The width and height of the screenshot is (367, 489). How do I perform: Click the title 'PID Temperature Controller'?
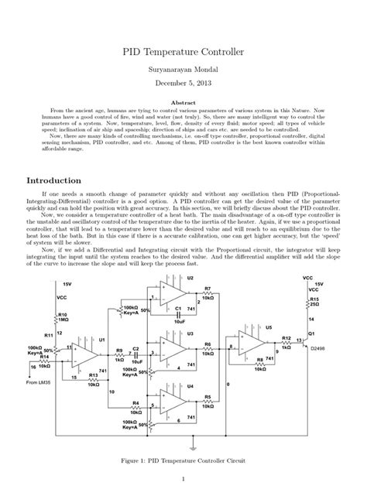tap(183, 53)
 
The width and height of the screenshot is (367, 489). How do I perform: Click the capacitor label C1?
tap(178, 309)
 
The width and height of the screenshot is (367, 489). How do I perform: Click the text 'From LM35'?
tap(41, 382)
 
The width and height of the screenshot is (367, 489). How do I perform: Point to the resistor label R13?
tap(93, 374)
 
